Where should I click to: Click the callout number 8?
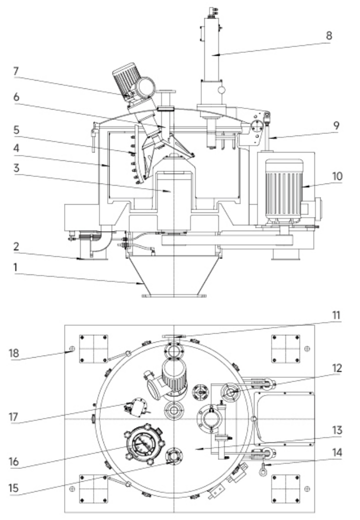[x=329, y=36]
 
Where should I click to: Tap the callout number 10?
[x=336, y=176]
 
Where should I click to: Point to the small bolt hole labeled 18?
[x=72, y=349]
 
